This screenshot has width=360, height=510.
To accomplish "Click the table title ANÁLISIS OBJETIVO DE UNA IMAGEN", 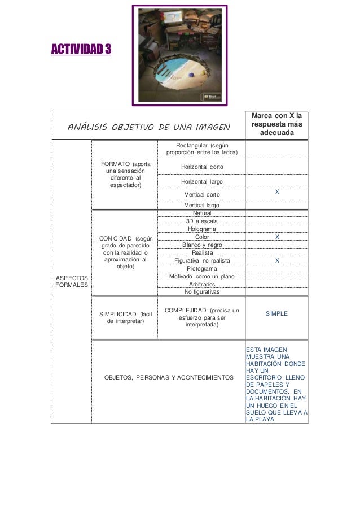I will (149, 125).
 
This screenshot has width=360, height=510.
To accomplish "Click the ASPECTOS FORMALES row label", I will (71, 281).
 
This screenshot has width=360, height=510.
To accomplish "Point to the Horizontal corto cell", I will (202, 168).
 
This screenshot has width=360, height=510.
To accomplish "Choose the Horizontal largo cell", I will (202, 182).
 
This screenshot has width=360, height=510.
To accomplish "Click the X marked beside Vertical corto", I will (276, 193).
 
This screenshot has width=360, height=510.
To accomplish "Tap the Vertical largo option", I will (202, 206).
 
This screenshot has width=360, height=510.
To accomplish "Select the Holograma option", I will (202, 229).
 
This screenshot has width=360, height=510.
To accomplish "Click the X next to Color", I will (276, 237).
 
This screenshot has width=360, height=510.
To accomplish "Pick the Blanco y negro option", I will (202, 245).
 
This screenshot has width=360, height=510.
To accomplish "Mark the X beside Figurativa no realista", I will (276, 260).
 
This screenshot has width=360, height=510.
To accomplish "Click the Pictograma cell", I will (202, 269).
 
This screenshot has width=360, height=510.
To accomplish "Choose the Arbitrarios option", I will (202, 285).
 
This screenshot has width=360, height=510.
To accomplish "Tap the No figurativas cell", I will (202, 292).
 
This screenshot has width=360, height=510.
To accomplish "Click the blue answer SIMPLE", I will (276, 312).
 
